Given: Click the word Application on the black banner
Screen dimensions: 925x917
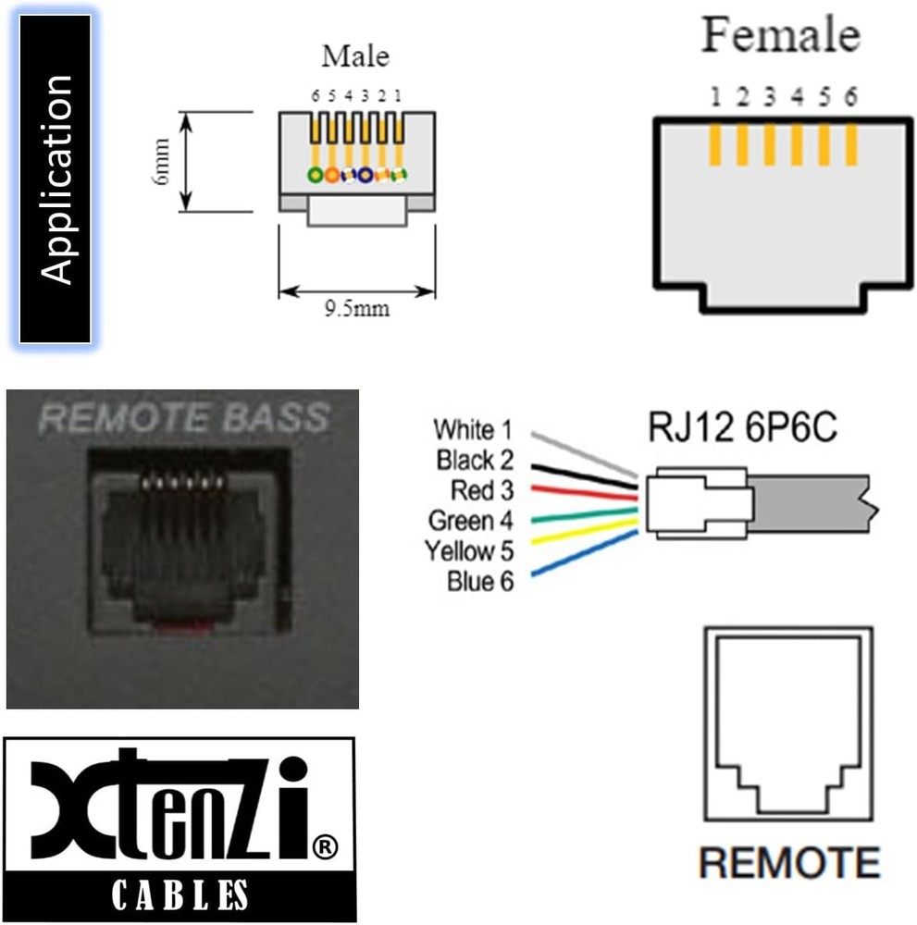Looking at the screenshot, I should (x=57, y=179).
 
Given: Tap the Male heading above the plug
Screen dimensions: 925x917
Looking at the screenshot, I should (x=355, y=55).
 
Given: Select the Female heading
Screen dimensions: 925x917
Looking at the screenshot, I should (x=780, y=36).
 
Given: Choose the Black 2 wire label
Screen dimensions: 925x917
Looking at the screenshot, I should (x=474, y=460).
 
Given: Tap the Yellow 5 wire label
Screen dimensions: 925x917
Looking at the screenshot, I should (x=469, y=550).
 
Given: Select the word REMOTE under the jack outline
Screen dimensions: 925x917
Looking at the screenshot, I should (x=788, y=862).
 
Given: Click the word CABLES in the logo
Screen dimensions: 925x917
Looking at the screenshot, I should (x=180, y=894).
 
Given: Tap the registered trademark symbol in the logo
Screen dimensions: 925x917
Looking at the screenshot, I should (x=325, y=845).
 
